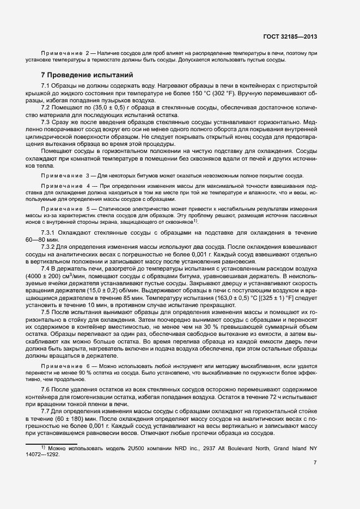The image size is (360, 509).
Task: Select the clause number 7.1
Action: [x=46, y=87]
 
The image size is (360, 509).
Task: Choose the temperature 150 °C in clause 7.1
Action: [x=245, y=94]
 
